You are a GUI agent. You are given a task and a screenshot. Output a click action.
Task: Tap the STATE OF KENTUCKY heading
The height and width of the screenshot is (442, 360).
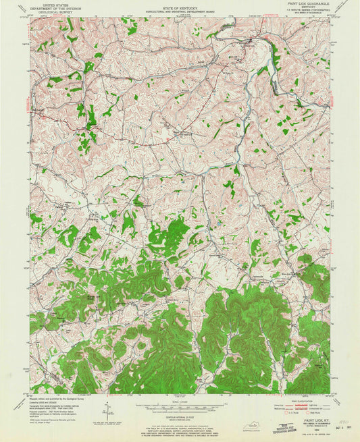[x=179, y=5]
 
